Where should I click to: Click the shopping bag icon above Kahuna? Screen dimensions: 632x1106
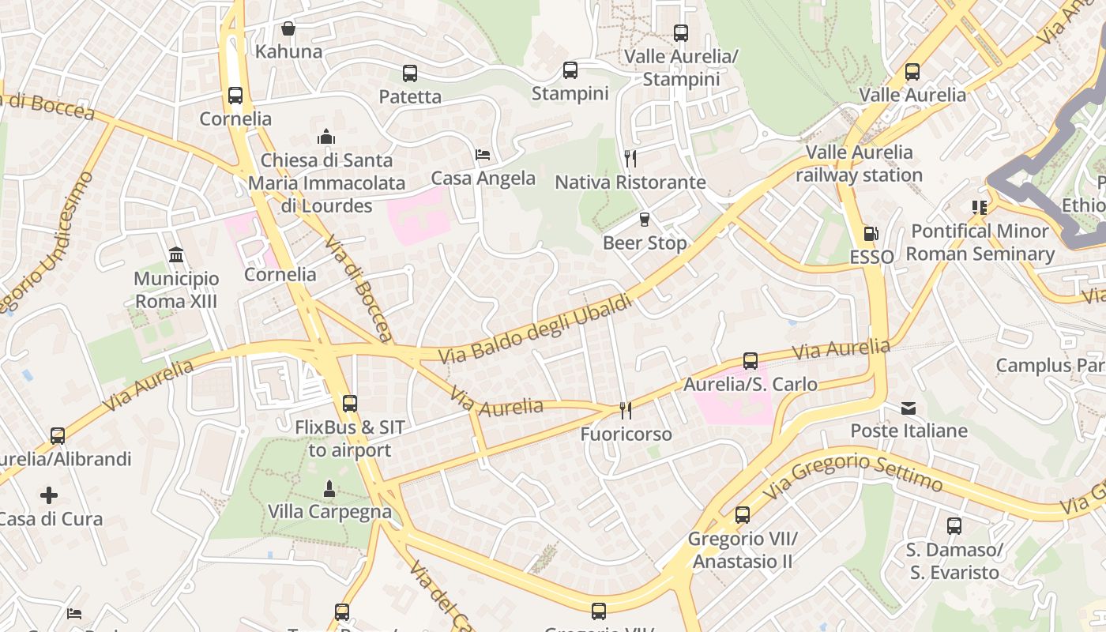click(288, 28)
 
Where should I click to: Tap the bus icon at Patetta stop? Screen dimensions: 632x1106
click(409, 73)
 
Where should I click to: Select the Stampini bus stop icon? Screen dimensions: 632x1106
click(570, 70)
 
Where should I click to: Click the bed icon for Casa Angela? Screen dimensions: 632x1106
click(483, 154)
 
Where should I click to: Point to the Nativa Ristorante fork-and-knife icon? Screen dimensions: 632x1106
click(630, 159)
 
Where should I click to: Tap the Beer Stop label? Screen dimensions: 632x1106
click(645, 243)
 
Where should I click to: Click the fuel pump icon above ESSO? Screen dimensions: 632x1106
click(871, 234)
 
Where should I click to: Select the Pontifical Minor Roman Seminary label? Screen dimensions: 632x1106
click(980, 243)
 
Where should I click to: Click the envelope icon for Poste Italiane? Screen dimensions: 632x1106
click(908, 408)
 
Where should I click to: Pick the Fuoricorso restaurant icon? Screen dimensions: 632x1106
click(625, 410)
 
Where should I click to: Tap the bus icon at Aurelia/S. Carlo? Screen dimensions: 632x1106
click(750, 361)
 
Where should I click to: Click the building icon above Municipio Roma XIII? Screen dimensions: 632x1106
click(175, 255)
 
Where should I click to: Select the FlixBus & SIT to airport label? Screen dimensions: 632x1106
click(349, 438)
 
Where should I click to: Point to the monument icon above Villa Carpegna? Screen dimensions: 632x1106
click(329, 488)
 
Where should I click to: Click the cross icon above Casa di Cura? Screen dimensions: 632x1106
click(49, 495)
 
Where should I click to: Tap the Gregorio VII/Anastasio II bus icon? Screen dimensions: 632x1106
click(742, 515)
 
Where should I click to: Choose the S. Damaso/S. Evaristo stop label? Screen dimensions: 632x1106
click(953, 561)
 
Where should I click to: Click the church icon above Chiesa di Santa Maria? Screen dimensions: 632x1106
click(326, 137)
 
